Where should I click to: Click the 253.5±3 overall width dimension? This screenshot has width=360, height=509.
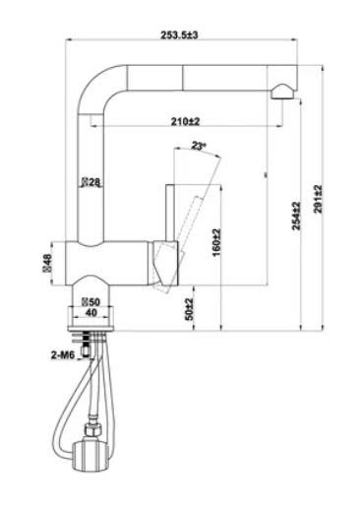pyautogui.click(x=179, y=34)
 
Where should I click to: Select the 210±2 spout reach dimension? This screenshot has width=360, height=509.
pyautogui.click(x=185, y=121)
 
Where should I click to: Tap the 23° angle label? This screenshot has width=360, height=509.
pyautogui.click(x=199, y=146)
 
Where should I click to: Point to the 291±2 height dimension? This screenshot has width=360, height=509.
pyautogui.click(x=318, y=199)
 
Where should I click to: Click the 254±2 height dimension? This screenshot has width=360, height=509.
pyautogui.click(x=296, y=216)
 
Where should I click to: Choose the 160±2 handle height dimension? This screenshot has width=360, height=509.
pyautogui.click(x=216, y=242)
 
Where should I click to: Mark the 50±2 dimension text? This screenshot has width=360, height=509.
pyautogui.click(x=189, y=309)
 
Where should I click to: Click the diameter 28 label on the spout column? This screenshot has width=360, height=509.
pyautogui.click(x=91, y=182)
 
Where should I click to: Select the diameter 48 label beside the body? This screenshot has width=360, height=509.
pyautogui.click(x=47, y=263)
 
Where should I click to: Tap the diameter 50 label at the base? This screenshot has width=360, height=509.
pyautogui.click(x=90, y=301)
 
